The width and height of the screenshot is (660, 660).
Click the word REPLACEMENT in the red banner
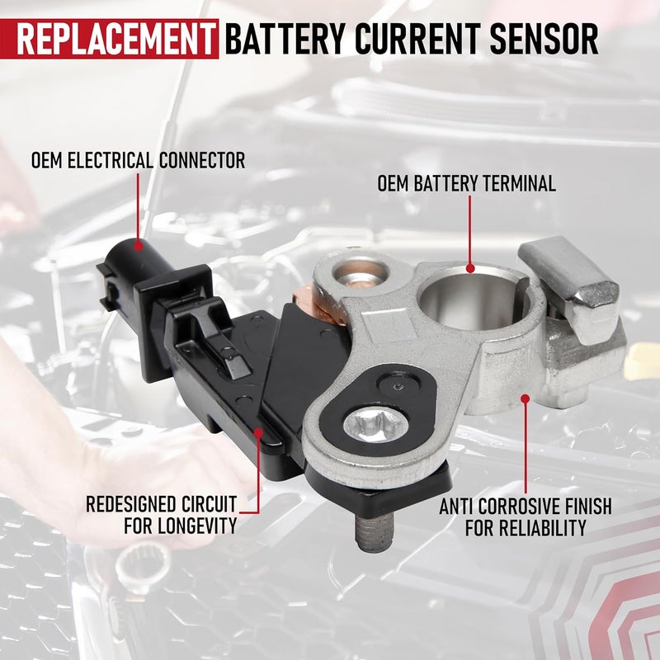[111, 38]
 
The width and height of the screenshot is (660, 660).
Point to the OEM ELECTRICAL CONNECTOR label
[138, 160]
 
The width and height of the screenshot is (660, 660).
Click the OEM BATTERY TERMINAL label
[467, 183]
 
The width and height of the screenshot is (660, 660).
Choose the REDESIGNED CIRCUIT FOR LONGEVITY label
[161, 513]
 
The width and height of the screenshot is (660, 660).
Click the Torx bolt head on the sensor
[376, 425]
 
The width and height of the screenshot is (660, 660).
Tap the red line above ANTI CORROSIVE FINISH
[526, 445]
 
